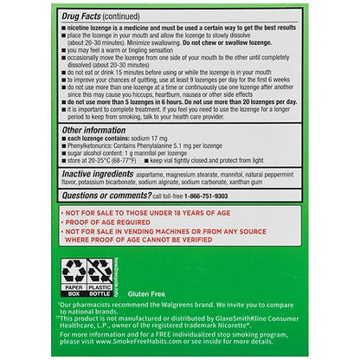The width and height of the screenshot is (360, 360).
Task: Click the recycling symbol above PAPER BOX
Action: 72,270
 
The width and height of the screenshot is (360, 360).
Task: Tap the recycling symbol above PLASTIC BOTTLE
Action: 100,270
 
